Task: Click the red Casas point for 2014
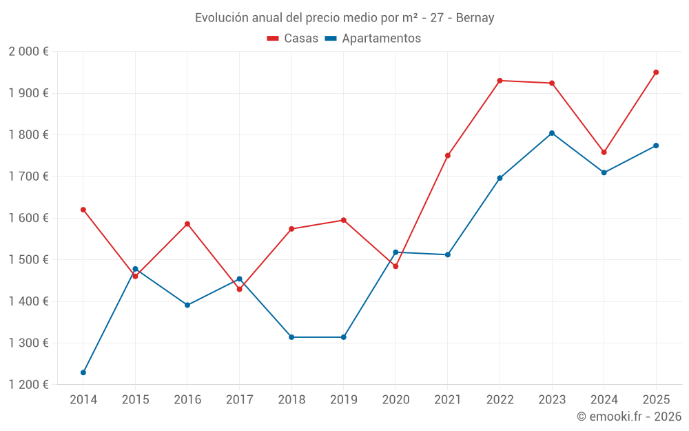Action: (x=83, y=210)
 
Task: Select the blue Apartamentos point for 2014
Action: (x=83, y=372)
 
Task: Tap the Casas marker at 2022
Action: (x=500, y=81)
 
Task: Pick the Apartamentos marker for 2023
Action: (x=552, y=133)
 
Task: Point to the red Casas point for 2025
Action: (x=656, y=72)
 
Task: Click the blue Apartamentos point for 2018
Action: (x=291, y=337)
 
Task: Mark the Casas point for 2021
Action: (x=448, y=156)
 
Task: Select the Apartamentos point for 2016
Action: (x=187, y=305)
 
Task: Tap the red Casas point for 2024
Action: (x=604, y=152)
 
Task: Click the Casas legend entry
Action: (x=293, y=39)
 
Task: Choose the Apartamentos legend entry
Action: (x=372, y=39)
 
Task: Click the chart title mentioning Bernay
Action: (x=344, y=18)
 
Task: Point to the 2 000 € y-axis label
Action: (x=28, y=52)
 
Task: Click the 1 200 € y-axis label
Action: (x=28, y=385)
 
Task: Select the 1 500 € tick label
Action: (x=28, y=260)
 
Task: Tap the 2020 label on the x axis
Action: (x=395, y=400)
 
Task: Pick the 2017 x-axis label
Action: (x=239, y=400)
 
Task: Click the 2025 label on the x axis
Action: (x=656, y=400)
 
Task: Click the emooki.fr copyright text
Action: (x=628, y=417)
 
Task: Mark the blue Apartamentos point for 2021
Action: (x=448, y=255)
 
